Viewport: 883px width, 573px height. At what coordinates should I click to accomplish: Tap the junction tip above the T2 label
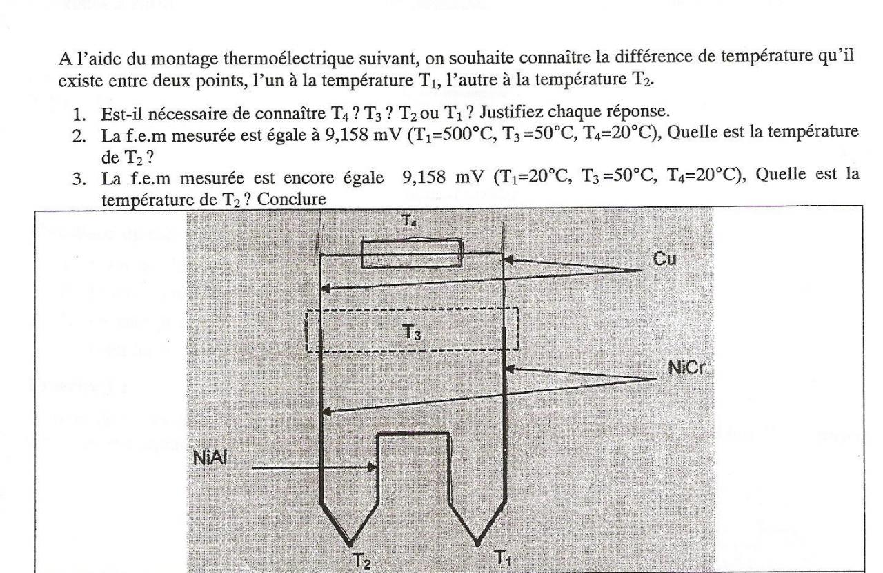[351, 541]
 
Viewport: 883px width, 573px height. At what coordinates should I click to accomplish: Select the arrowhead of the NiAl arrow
[375, 467]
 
